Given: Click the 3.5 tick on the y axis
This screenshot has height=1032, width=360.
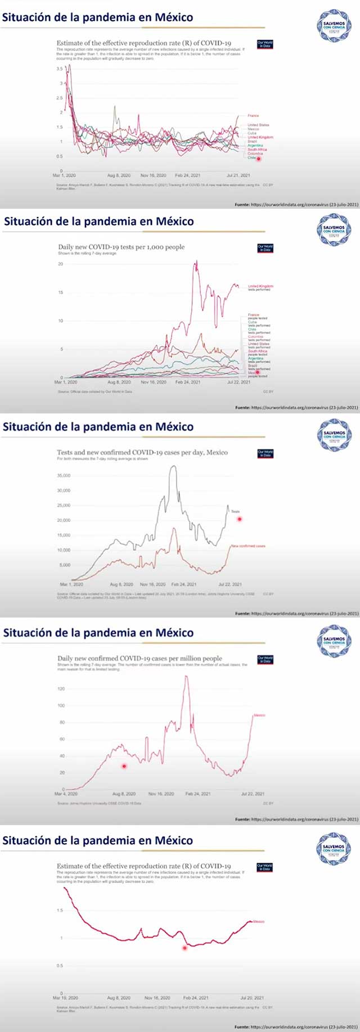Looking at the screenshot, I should pyautogui.click(x=60, y=69).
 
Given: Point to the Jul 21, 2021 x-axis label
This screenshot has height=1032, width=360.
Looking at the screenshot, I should pyautogui.click(x=238, y=175).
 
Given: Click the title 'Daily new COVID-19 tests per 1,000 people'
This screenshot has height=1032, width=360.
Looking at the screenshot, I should pyautogui.click(x=121, y=247).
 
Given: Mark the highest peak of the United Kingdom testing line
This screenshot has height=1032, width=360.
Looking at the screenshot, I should pyautogui.click(x=196, y=261).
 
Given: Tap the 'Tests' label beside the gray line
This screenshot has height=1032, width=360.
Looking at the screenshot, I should pyautogui.click(x=235, y=511).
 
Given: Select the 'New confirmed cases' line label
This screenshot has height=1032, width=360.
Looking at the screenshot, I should pyautogui.click(x=248, y=546).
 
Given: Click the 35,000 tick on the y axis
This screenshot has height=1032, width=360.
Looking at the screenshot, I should pyautogui.click(x=64, y=476).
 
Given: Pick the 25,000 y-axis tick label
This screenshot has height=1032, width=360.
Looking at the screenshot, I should pyautogui.click(x=64, y=506).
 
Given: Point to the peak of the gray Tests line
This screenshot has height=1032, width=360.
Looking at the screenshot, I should pyautogui.click(x=173, y=466).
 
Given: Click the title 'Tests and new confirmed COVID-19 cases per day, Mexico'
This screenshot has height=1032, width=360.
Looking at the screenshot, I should pyautogui.click(x=142, y=452).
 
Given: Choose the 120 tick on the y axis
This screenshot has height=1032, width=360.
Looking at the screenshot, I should pyautogui.click(x=61, y=688).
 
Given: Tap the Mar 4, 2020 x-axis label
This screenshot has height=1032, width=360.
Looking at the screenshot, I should pyautogui.click(x=66, y=794).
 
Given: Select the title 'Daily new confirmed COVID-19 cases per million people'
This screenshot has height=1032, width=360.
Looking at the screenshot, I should pyautogui.click(x=139, y=658).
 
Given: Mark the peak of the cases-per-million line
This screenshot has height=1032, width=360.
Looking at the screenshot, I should pyautogui.click(x=186, y=676).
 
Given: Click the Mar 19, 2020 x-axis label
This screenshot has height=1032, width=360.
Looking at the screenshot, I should pyautogui.click(x=66, y=998).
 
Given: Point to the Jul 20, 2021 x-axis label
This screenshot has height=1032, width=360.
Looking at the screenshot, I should pyautogui.click(x=251, y=998).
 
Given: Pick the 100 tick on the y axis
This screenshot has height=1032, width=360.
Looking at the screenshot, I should pyautogui.click(x=61, y=705).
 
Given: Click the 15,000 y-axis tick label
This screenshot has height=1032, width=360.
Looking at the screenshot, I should pyautogui.click(x=64, y=535).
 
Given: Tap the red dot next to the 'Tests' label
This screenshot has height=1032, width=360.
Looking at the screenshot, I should pyautogui.click(x=240, y=519).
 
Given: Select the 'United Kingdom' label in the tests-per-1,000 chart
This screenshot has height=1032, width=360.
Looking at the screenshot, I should pyautogui.click(x=260, y=286).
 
